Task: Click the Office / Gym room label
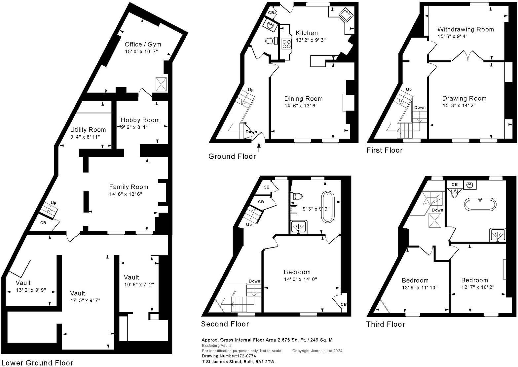click(x=143, y=44)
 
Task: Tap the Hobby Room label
click(x=140, y=120)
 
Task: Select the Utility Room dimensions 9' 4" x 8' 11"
click(x=85, y=137)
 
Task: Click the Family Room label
click(x=129, y=187)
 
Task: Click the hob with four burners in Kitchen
click(x=286, y=44)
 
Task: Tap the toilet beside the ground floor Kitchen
click(x=271, y=41)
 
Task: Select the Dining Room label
click(x=303, y=98)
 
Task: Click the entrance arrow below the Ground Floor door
click(x=259, y=147)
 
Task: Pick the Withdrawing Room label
click(x=465, y=29)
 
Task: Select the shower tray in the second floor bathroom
click(x=299, y=227)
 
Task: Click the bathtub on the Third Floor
click(x=480, y=204)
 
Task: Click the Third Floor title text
click(x=386, y=324)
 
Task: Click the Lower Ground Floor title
click(x=37, y=363)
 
